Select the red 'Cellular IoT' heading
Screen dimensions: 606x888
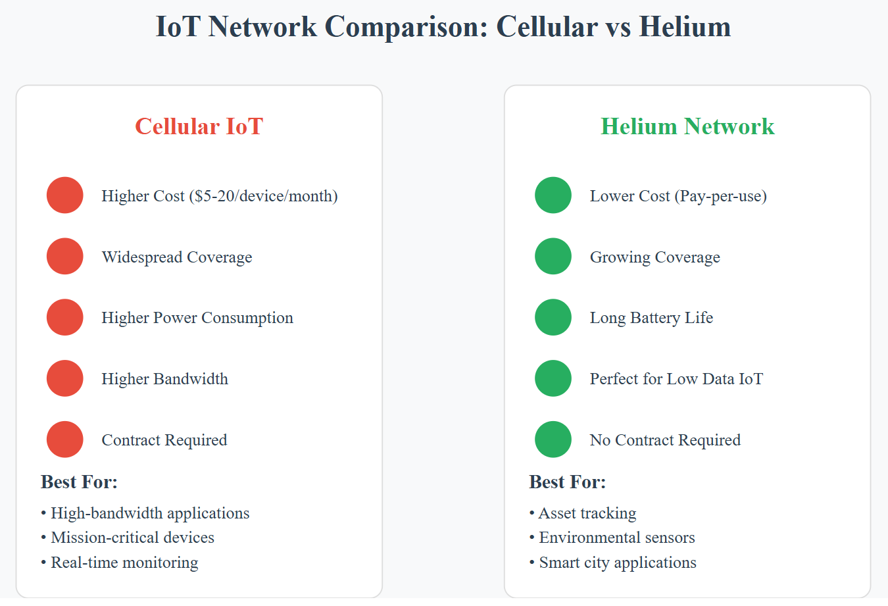(x=199, y=126)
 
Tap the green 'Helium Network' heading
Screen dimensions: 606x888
(x=687, y=126)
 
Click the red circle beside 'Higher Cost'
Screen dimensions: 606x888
(x=65, y=195)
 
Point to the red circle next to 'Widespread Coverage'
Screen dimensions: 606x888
(x=65, y=257)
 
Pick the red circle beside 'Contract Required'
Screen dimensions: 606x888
(x=65, y=440)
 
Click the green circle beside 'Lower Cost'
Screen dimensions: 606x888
(x=553, y=195)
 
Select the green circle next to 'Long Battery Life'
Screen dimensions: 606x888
(x=553, y=317)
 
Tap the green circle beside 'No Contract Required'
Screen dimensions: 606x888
(x=553, y=440)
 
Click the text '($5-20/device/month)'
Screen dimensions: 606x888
(x=263, y=196)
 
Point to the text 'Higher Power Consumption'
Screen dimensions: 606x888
(x=197, y=318)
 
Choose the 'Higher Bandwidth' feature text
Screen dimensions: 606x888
(x=164, y=379)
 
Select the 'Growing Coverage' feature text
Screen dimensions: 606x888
(x=654, y=257)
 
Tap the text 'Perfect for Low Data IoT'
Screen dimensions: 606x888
(x=676, y=379)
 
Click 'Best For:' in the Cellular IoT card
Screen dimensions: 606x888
(x=79, y=482)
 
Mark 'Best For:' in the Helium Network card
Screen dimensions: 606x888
(x=567, y=482)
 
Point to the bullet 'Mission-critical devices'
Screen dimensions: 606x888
(x=132, y=538)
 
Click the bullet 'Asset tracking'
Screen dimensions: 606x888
(x=587, y=513)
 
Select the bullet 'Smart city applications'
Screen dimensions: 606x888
(x=617, y=563)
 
